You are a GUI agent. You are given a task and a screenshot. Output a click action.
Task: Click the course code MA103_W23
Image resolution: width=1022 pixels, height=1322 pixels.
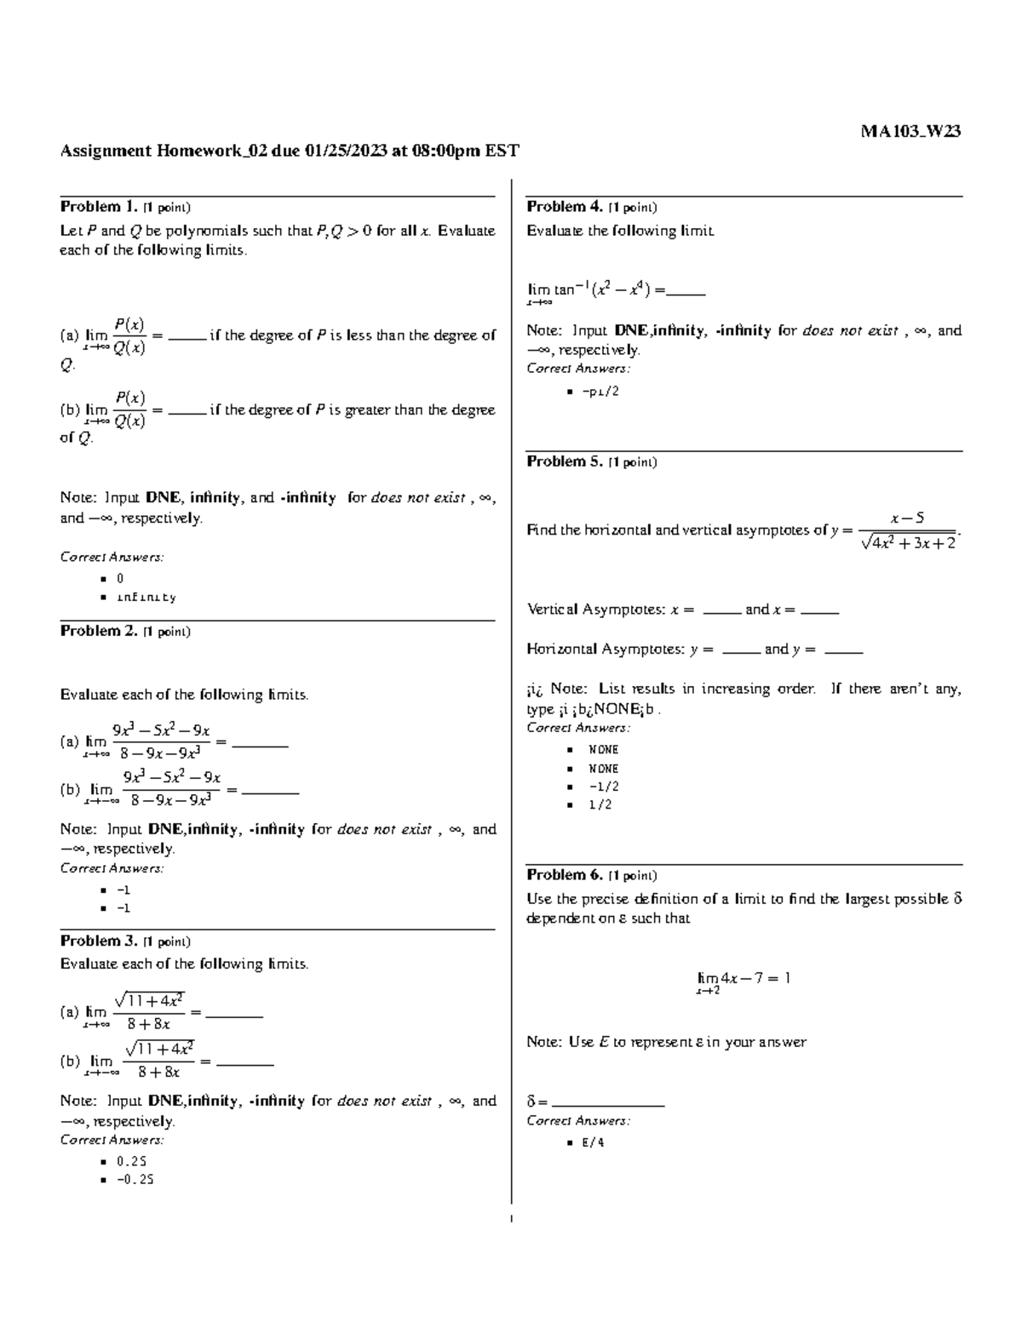point(910,131)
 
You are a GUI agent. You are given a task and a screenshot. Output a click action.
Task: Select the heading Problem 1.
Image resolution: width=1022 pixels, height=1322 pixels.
point(98,207)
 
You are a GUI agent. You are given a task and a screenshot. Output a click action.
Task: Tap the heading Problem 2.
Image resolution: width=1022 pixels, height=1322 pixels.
point(98,631)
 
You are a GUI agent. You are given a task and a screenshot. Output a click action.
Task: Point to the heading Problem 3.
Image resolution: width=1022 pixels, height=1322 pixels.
point(98,941)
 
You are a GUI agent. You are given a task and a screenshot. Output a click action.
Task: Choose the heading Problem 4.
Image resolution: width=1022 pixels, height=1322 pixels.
point(565,207)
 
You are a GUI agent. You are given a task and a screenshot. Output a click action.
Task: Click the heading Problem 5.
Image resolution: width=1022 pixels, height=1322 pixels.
point(565,461)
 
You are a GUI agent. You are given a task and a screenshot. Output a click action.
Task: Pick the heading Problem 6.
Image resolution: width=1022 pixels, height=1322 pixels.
point(565,874)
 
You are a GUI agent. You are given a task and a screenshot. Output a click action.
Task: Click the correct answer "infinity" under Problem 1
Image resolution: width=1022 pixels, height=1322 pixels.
point(146,598)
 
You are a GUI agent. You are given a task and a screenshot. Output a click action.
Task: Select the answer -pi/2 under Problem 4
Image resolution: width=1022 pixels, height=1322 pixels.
point(600,392)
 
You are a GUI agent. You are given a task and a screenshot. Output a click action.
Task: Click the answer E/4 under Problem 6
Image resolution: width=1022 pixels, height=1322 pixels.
point(593,1142)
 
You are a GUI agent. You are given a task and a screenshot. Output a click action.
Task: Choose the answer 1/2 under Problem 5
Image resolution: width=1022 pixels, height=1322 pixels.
point(600,804)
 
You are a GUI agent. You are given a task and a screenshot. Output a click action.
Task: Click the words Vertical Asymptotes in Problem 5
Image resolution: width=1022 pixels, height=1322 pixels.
point(595,609)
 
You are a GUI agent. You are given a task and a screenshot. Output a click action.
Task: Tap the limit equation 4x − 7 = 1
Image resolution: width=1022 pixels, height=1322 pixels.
point(744,979)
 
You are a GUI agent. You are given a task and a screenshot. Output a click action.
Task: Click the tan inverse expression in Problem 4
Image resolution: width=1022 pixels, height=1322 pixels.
point(596,290)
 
